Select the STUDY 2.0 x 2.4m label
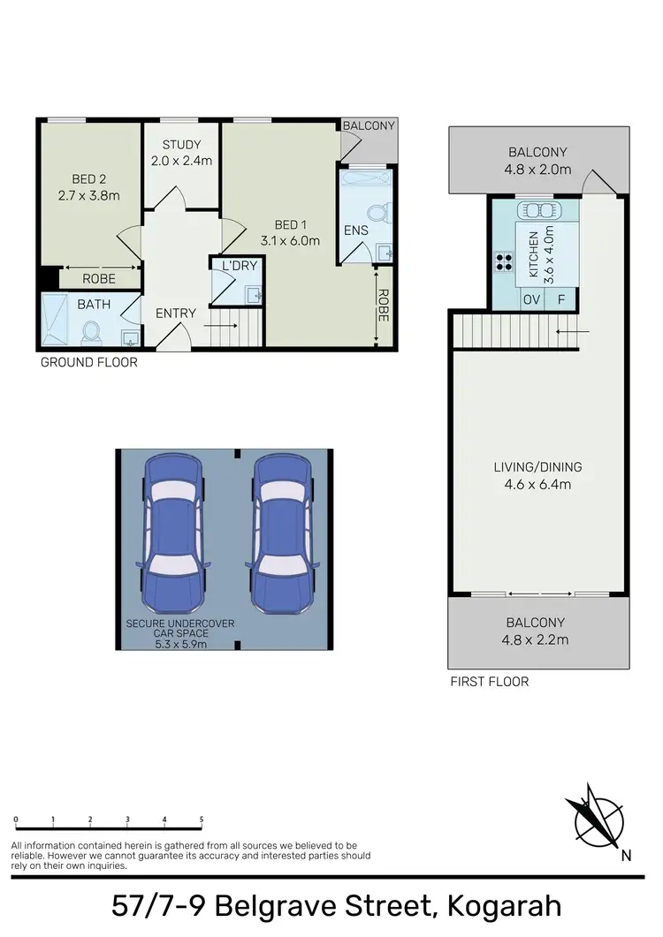(x=182, y=153)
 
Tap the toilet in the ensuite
(x=377, y=213)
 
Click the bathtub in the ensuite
(x=366, y=182)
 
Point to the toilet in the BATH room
(x=91, y=332)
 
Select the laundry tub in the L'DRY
(x=253, y=294)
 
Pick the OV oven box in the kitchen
(x=531, y=299)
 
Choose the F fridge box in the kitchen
(x=560, y=299)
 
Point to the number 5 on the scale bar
(x=202, y=820)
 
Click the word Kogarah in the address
(x=504, y=907)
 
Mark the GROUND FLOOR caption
(x=89, y=362)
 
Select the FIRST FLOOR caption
(x=489, y=681)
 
